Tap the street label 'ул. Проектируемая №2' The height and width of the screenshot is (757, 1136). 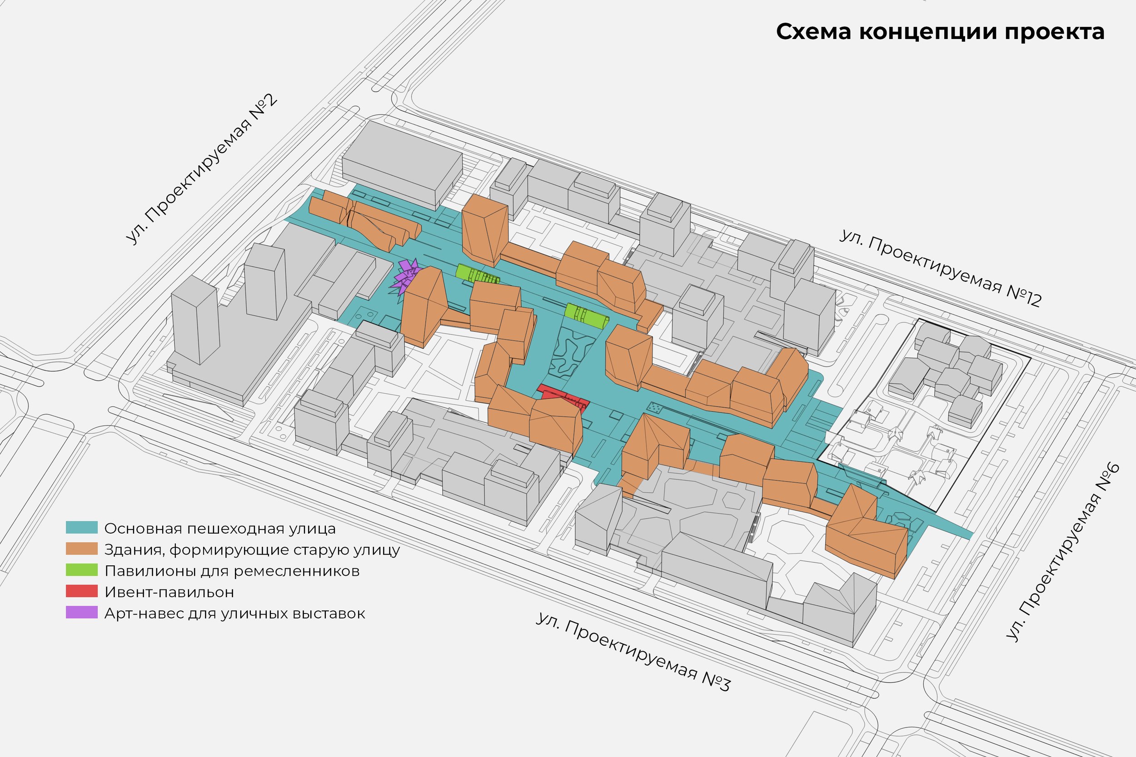[x=201, y=169]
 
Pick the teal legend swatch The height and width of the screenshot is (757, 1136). [x=82, y=527]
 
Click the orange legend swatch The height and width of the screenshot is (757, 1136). [x=82, y=549]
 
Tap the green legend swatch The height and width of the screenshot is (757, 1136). [x=82, y=570]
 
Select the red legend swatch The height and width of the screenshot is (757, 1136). [x=82, y=591]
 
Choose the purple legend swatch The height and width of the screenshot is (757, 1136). [x=82, y=612]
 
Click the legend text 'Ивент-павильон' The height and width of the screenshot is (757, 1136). [x=169, y=592]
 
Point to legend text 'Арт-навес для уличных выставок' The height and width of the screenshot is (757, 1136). [x=235, y=614]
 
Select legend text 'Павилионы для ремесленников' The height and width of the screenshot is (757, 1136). [x=232, y=571]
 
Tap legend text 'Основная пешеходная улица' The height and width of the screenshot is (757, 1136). [x=220, y=529]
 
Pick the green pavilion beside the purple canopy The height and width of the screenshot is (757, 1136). [x=477, y=275]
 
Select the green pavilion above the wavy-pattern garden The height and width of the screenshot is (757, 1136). [x=586, y=316]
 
